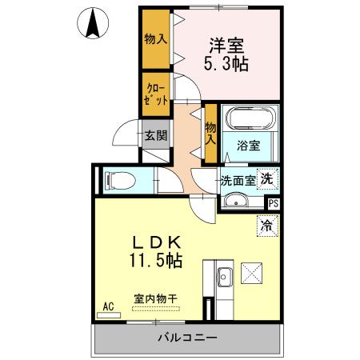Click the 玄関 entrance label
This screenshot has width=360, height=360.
tap(155, 135)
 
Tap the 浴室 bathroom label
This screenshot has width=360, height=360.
tap(249, 146)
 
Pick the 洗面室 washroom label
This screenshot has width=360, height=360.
tap(238, 181)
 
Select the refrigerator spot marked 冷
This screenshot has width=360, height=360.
tap(266, 226)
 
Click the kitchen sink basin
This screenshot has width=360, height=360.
tap(224, 278)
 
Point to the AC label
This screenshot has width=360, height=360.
tap(109, 305)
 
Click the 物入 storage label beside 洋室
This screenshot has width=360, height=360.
tap(156, 38)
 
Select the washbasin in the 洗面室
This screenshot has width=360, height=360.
tap(235, 201)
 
